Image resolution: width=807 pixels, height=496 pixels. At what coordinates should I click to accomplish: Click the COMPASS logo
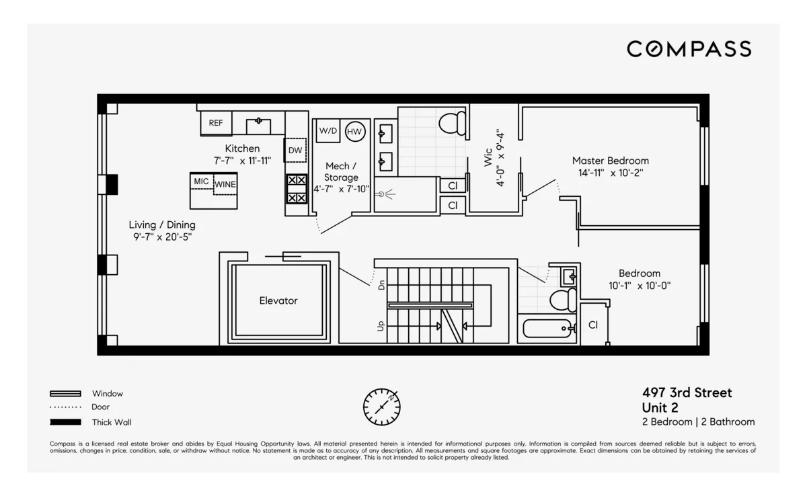(689, 48)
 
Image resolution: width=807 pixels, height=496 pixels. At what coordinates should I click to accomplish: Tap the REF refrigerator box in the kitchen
(216, 123)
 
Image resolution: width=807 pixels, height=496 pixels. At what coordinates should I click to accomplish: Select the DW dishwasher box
(295, 151)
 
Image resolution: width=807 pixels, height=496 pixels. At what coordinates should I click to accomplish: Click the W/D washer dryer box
(328, 130)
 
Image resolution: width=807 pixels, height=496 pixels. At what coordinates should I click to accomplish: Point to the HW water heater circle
(355, 131)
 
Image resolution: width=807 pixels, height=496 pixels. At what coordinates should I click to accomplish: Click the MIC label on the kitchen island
(201, 181)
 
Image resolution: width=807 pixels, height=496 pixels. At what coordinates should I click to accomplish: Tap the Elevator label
(278, 301)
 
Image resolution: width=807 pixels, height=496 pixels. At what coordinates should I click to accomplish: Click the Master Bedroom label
(610, 161)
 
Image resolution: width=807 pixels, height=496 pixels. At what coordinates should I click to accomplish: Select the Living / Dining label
(162, 224)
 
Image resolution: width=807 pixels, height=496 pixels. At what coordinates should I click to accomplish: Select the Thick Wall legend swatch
(65, 422)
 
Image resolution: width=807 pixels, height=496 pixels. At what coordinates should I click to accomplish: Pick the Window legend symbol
(65, 394)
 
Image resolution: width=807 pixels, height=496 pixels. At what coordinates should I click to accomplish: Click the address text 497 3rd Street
(687, 393)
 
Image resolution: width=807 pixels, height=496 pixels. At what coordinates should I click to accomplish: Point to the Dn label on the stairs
(381, 285)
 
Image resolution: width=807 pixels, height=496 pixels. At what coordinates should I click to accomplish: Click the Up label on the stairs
(381, 326)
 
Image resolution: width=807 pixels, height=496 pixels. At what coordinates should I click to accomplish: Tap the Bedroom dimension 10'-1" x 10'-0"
(639, 286)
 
